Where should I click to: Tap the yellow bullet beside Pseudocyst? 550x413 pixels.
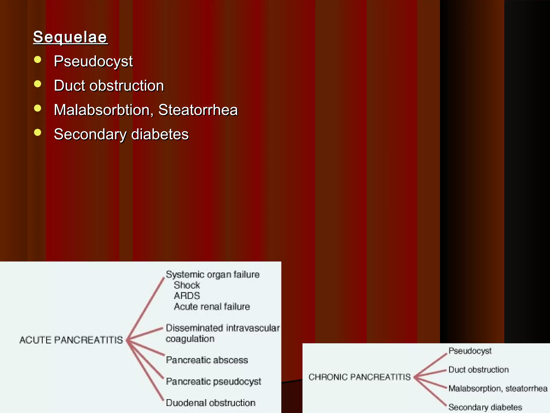38,60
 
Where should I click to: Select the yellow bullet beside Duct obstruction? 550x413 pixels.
38,84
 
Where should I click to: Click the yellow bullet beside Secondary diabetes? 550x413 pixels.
38,133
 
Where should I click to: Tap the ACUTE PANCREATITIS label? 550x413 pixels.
71,340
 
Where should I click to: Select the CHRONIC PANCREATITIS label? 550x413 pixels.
360,377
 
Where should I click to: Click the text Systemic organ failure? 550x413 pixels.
213,275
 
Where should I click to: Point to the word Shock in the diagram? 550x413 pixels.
187,285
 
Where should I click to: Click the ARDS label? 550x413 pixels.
187,296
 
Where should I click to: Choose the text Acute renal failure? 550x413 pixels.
212,307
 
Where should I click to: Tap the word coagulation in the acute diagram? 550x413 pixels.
190,339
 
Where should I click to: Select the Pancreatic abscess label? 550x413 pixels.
207,360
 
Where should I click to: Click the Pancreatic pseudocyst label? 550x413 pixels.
214,382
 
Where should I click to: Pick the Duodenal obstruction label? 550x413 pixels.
211,403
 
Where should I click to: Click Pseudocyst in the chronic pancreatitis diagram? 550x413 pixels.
470,351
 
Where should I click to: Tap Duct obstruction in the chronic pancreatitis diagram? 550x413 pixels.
479,370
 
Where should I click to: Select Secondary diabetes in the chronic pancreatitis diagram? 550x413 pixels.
485,407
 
